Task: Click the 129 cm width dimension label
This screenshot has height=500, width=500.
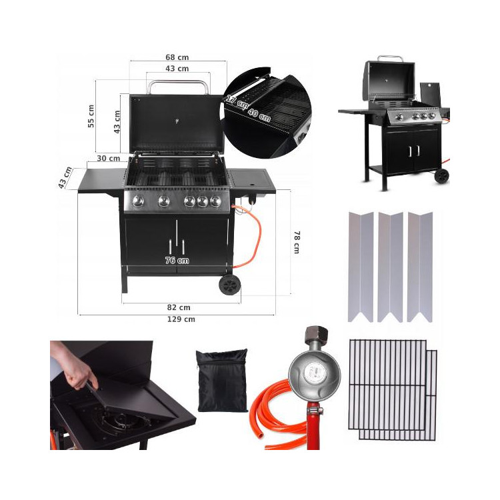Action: pyautogui.click(x=181, y=319)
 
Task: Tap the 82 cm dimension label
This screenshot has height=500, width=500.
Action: pyautogui.click(x=179, y=307)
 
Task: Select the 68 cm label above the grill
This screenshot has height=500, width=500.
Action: pyautogui.click(x=177, y=57)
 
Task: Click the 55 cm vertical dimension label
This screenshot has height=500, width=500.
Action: pyautogui.click(x=91, y=116)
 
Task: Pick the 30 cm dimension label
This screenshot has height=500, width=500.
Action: pyautogui.click(x=108, y=159)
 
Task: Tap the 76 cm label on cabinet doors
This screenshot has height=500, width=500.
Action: pyautogui.click(x=177, y=260)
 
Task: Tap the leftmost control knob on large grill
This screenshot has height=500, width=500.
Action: pyautogui.click(x=139, y=201)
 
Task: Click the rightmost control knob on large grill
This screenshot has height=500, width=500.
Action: pyautogui.click(x=215, y=201)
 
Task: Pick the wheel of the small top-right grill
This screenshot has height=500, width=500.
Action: pyautogui.click(x=442, y=176)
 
